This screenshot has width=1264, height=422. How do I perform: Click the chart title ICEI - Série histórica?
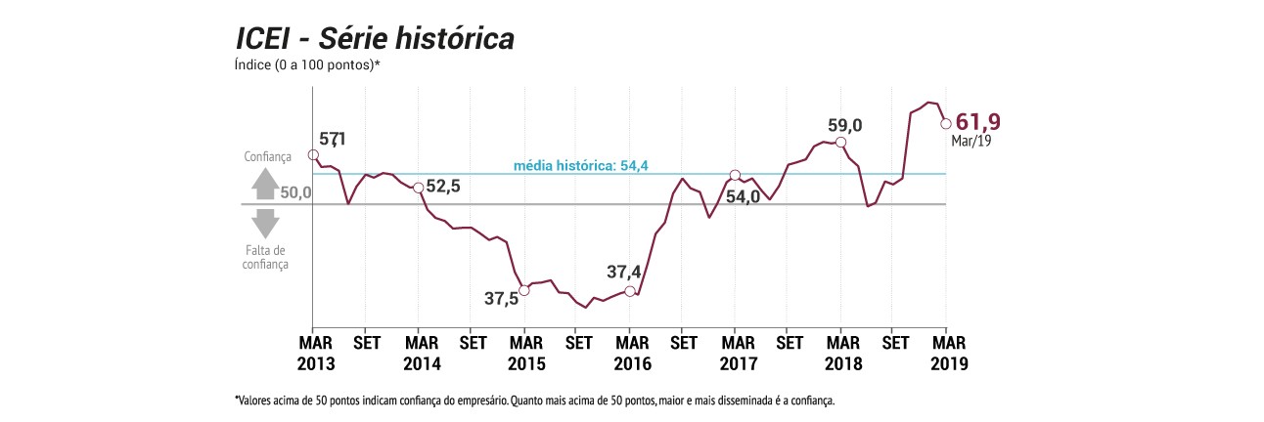pyautogui.click(x=375, y=39)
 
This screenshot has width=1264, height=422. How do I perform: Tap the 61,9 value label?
pyautogui.click(x=978, y=122)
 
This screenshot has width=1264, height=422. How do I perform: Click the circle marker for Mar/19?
pyautogui.click(x=946, y=124)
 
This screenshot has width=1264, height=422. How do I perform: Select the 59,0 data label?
pyautogui.click(x=844, y=125)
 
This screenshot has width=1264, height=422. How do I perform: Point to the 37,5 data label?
pyautogui.click(x=501, y=298)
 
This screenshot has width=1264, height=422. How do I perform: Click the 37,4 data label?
pyautogui.click(x=623, y=273)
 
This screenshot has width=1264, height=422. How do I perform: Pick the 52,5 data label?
pyautogui.click(x=443, y=186)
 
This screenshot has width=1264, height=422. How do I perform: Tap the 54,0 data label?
pyautogui.click(x=743, y=196)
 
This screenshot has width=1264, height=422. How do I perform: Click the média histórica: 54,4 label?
pyautogui.click(x=581, y=166)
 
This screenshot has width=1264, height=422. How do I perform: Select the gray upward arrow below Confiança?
pyautogui.click(x=265, y=184)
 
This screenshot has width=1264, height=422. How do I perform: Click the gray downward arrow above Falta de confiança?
pyautogui.click(x=265, y=224)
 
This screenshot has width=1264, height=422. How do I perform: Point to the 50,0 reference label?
pyautogui.click(x=295, y=192)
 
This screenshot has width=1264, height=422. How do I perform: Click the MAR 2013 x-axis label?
pyautogui.click(x=316, y=354)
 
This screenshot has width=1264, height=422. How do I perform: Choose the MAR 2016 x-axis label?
pyautogui.click(x=633, y=354)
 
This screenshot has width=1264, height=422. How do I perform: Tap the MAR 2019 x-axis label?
pyautogui.click(x=949, y=354)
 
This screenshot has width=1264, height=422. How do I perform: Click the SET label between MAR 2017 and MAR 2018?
pyautogui.click(x=790, y=343)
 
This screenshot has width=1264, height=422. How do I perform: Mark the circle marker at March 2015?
pyautogui.click(x=524, y=291)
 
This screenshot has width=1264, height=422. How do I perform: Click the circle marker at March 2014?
pyautogui.click(x=419, y=188)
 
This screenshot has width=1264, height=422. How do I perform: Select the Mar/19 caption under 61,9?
pyautogui.click(x=971, y=141)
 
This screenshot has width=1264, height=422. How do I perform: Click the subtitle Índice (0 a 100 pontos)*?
pyautogui.click(x=307, y=64)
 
